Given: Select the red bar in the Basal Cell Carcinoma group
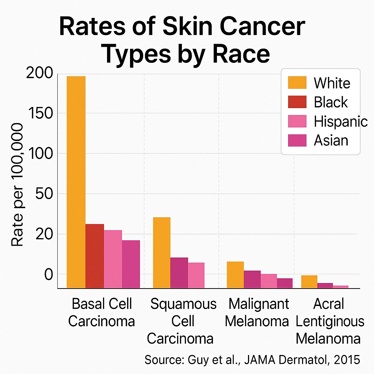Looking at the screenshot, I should coord(95,256).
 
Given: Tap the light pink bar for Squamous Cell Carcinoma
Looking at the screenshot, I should coord(196,275).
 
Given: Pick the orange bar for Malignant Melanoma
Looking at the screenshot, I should coord(235,275).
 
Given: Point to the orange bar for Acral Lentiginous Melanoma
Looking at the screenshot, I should coord(309,282).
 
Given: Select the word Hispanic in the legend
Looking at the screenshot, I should coord(340,121).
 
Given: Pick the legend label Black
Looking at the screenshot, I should coord(331,102).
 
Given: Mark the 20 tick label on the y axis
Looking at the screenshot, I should coord(44,234).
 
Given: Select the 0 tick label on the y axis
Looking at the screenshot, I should coord(49,274).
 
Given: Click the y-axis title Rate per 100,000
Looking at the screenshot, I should coord(18,184).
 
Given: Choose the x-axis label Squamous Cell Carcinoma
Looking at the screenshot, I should coord(183,321).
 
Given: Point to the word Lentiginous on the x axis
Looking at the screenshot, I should coord(330,321).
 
